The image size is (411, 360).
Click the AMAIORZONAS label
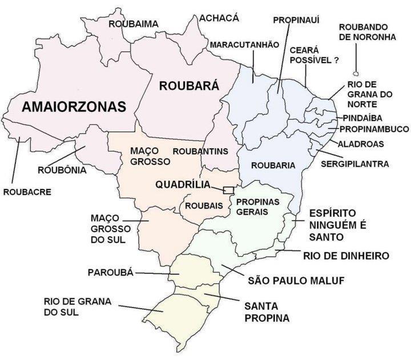tap(74, 106)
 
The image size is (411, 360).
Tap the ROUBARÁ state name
tap(188, 86)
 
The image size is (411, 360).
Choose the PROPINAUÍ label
tap(296, 20)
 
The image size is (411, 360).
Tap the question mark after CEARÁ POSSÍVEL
tap(336, 59)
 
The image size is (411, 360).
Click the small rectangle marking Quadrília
tap(228, 189)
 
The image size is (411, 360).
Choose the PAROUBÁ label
tap(110, 272)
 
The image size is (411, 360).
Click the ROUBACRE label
tap(27, 192)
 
